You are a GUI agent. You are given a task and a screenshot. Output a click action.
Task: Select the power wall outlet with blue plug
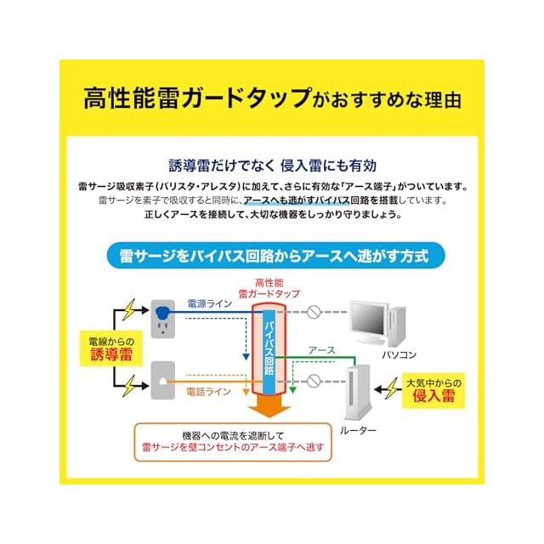coord(162,317)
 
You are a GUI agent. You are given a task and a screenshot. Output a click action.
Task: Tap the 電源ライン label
coord(209,303)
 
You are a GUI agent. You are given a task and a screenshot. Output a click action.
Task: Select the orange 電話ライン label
coord(208,392)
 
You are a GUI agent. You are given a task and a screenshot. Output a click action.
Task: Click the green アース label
coord(321,349)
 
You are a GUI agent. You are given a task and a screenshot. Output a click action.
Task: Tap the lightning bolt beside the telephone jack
coord(129,387)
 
